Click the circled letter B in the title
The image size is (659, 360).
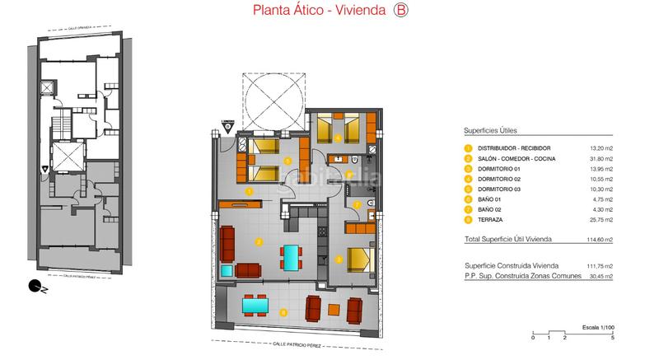[x=401, y=11]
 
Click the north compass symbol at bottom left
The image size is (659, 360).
[x=35, y=287]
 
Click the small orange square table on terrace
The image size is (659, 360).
[x=334, y=310]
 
